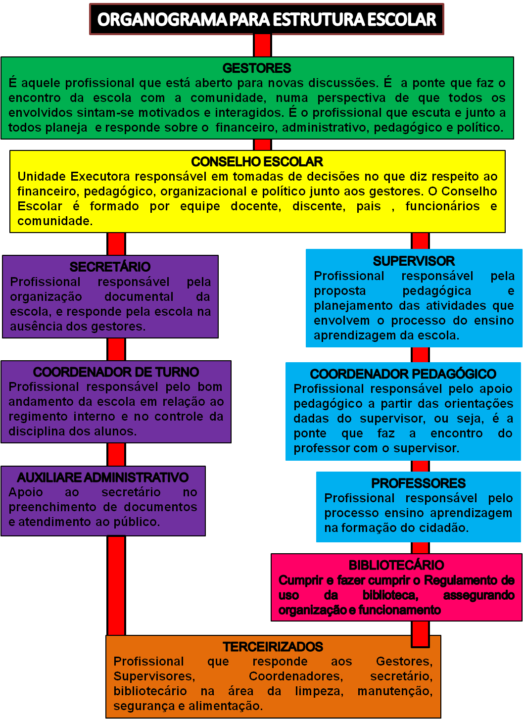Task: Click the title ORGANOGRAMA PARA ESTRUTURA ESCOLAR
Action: (266, 19)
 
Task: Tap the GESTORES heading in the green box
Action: (257, 68)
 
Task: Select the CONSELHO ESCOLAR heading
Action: (257, 162)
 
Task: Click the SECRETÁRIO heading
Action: (110, 267)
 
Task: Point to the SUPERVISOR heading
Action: (414, 261)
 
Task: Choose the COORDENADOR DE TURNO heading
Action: (116, 372)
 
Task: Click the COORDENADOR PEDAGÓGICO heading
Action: (403, 374)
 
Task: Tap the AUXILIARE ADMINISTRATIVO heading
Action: (103, 478)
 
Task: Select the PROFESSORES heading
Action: (419, 483)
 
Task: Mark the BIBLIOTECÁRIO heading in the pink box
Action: (396, 565)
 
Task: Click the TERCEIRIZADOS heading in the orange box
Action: (273, 647)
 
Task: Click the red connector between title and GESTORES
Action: (262, 46)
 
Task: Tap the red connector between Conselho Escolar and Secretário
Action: (116, 244)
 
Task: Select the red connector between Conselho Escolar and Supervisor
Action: (420, 241)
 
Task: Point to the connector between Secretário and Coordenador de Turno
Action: (116, 349)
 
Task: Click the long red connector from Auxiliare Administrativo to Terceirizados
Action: (116, 585)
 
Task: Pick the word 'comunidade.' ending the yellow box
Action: (55, 221)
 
